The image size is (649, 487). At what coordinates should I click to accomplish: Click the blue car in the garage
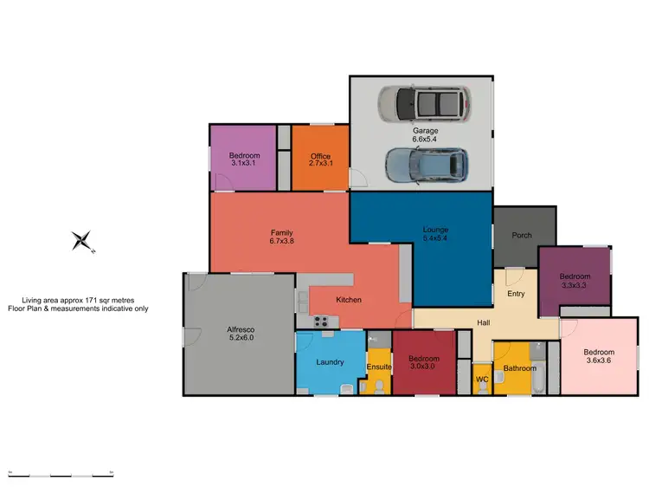pyautogui.click(x=425, y=165)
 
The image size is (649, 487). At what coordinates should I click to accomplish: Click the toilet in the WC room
pyautogui.click(x=483, y=388)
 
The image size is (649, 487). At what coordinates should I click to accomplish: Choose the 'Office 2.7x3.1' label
pyautogui.click(x=320, y=160)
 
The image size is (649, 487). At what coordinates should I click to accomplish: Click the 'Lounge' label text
pyautogui.click(x=434, y=230)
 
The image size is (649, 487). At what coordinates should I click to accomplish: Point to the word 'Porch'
pyautogui.click(x=522, y=236)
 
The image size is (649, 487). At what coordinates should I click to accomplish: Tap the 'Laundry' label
pyautogui.click(x=331, y=362)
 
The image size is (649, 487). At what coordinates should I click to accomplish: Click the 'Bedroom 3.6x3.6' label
pyautogui.click(x=598, y=356)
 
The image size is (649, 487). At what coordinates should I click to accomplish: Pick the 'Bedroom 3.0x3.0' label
pyautogui.click(x=424, y=362)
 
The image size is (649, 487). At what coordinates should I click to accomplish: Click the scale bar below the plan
pyautogui.click(x=61, y=474)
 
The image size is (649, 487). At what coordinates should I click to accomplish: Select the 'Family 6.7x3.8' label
pyautogui.click(x=282, y=237)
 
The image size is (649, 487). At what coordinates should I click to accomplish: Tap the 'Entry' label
pyautogui.click(x=516, y=294)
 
